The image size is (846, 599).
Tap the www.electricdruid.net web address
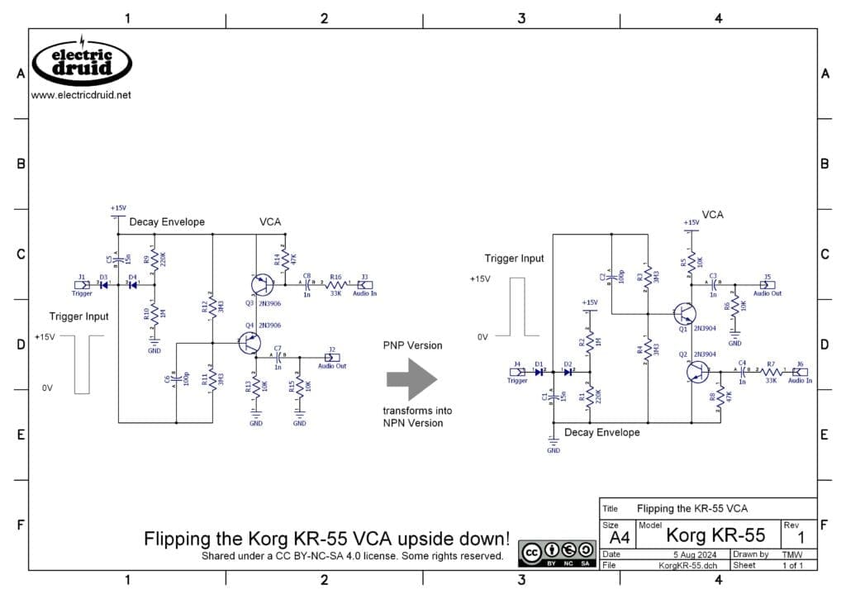coord(81,95)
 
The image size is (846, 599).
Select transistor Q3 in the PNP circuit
coord(263,285)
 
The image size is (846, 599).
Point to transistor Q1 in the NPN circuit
coord(684,314)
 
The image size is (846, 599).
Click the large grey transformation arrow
coord(411,379)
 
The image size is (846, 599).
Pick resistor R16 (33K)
coord(335,285)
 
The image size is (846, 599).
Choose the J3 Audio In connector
coord(364,285)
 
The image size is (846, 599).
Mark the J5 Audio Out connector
coord(767,284)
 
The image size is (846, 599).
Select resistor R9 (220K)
coord(154,259)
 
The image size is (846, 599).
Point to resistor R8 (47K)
coord(720,394)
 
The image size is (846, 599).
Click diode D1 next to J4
coord(539,372)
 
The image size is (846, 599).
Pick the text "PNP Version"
coord(412,345)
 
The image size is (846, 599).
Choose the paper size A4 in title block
coord(620,537)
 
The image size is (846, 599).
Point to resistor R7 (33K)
coord(770,372)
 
